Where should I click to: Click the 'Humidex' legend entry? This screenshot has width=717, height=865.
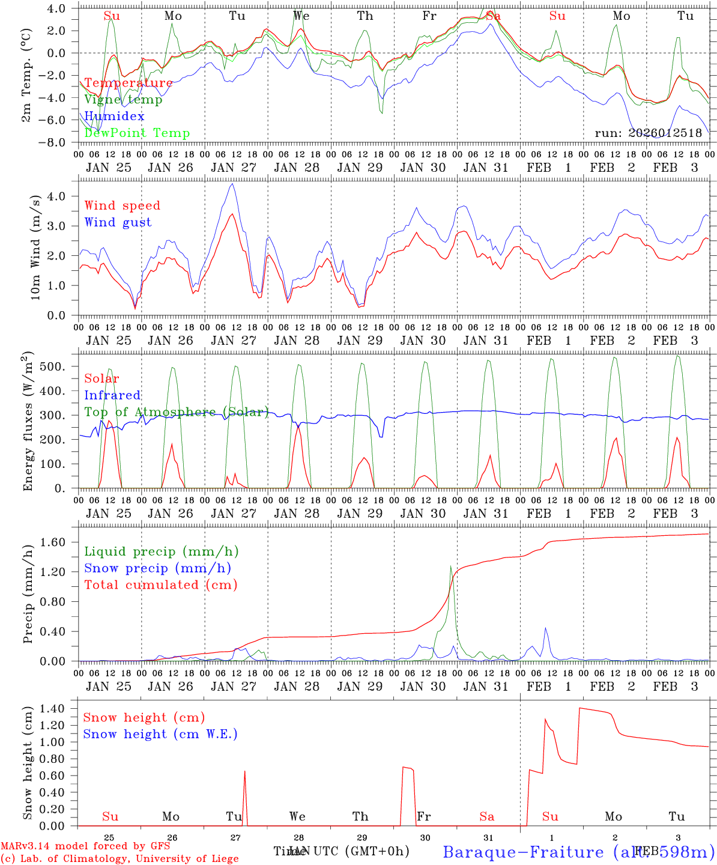pos(114,116)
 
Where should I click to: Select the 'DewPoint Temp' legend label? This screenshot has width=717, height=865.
pos(137,133)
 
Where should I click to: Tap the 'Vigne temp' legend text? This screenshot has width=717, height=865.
pos(123,100)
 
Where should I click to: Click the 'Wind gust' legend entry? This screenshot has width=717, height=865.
pos(118,222)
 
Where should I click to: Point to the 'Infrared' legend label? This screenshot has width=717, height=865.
pos(112,395)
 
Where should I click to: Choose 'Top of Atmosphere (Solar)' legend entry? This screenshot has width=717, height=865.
pos(177,412)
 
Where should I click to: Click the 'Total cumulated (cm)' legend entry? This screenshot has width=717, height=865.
pos(160,584)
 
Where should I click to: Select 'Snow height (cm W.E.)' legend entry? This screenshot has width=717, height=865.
pos(160,734)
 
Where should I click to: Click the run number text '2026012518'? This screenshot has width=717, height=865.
pos(665,133)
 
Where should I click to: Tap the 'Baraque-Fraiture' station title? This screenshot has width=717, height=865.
pos(523,852)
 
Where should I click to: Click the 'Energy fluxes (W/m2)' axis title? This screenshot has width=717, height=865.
pos(28,422)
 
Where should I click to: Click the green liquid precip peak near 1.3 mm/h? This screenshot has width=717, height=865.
pos(450,566)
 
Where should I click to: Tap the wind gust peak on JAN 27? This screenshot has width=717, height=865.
pos(232,184)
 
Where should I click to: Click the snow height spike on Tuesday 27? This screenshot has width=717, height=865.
pos(244,771)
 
